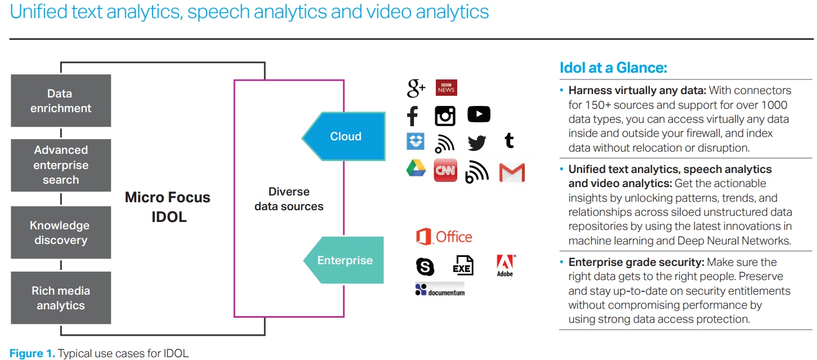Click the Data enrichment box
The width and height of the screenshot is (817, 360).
point(61,101)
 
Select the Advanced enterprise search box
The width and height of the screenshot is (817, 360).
point(61,166)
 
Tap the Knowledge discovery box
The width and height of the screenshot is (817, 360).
point(61,233)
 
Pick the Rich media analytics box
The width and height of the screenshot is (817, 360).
point(61,298)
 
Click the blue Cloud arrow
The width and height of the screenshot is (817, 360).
point(344,136)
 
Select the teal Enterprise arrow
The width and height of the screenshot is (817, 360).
point(344,260)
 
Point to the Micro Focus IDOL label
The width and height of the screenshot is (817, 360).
point(168,207)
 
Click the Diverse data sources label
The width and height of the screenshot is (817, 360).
point(289,199)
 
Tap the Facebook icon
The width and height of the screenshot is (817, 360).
point(413,116)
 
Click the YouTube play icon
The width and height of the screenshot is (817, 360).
point(479,114)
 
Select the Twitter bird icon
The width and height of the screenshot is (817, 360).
point(477,143)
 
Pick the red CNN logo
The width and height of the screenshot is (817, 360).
point(445,170)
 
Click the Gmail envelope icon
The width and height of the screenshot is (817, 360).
point(512,173)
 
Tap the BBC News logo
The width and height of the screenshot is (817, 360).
point(447,88)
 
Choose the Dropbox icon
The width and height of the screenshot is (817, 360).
point(416,141)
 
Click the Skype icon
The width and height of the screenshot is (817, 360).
point(425,266)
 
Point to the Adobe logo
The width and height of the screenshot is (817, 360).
point(506,266)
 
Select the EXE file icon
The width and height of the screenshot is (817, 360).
point(463,265)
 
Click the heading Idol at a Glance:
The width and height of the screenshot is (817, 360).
point(614,68)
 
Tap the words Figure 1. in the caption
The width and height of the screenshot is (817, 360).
point(32,353)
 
